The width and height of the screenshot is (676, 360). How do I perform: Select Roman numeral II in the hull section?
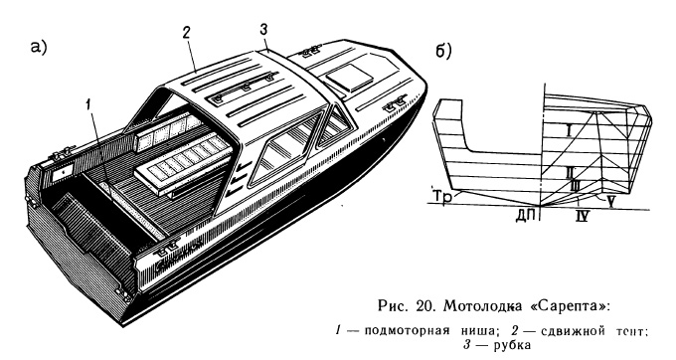click(568, 172)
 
